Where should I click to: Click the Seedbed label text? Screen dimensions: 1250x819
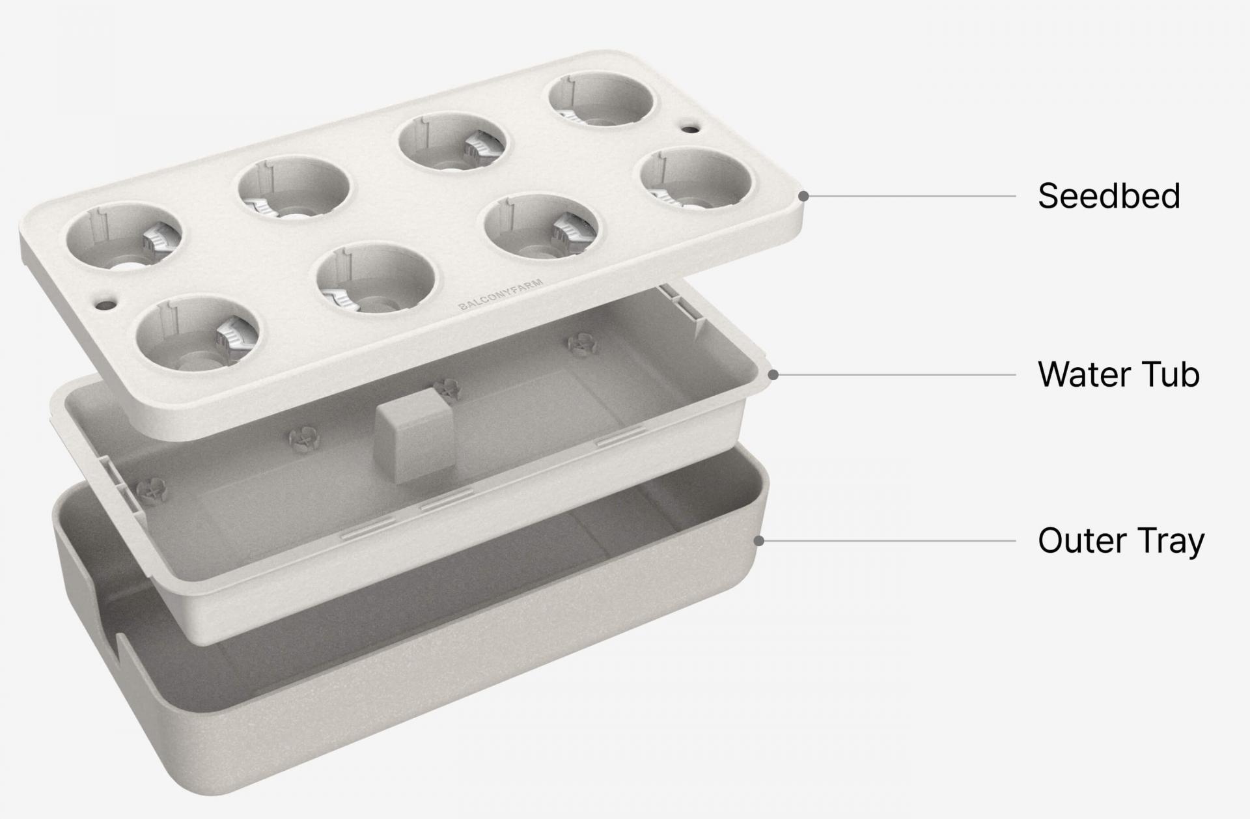[1109, 196]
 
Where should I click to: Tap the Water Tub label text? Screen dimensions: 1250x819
[1118, 374]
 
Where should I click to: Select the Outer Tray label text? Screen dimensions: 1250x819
[1121, 542]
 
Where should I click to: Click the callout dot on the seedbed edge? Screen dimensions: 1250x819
[803, 196]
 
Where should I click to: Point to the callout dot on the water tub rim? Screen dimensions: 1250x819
[773, 375]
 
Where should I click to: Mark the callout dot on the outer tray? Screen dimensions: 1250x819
[758, 541]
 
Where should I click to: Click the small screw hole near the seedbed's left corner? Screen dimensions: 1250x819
[104, 303]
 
